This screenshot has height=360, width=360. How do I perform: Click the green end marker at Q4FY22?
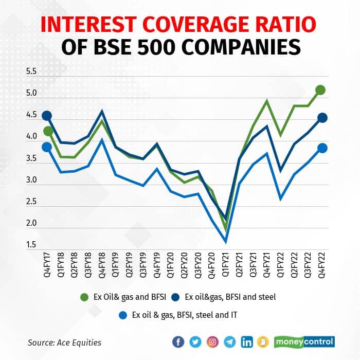[321, 91]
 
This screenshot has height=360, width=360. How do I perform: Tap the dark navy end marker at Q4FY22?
[322, 118]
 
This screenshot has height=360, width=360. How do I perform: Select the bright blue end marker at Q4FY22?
[322, 148]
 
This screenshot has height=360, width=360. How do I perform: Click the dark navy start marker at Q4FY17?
[47, 116]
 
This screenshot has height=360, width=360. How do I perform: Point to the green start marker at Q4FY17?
[48, 131]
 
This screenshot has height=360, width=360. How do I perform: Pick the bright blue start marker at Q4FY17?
[47, 147]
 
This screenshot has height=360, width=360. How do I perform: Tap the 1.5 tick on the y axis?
[31, 245]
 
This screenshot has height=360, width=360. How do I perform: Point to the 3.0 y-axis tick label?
[31, 181]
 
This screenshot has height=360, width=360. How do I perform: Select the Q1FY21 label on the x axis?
[225, 266]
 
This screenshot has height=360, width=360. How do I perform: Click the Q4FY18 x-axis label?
[102, 266]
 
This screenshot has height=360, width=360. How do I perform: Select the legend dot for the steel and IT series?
[123, 315]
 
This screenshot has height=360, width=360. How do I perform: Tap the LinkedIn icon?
[247, 341]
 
